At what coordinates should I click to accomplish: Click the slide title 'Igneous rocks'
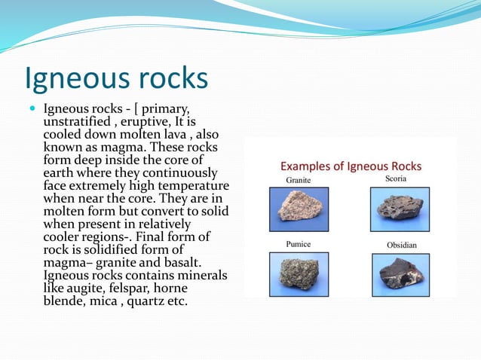(x=116, y=79)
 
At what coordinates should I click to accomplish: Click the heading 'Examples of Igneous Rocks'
(x=351, y=166)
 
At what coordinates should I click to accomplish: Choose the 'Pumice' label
(x=298, y=245)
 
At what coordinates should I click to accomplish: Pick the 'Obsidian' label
(x=401, y=246)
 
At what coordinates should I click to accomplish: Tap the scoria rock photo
(x=400, y=205)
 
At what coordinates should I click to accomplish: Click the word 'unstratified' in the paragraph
(x=79, y=122)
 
